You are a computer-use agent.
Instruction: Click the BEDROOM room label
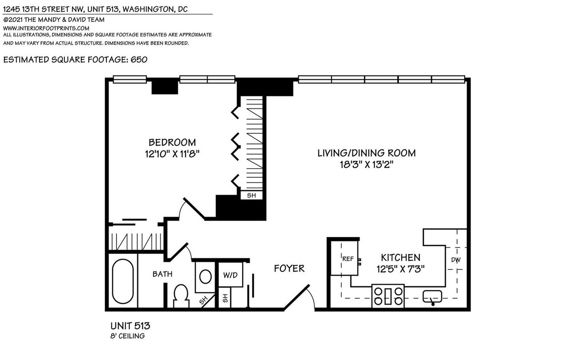(x=172, y=142)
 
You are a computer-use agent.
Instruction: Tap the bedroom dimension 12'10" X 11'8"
(x=172, y=154)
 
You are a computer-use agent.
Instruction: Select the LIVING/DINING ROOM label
(x=367, y=153)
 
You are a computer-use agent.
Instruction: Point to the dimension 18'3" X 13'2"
(x=367, y=165)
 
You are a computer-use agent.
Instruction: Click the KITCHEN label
(x=401, y=257)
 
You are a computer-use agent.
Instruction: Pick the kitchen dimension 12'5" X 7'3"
(x=401, y=269)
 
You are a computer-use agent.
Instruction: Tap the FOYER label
(x=289, y=269)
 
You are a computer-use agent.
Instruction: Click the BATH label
(x=162, y=274)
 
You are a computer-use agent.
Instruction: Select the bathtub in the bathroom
(x=123, y=281)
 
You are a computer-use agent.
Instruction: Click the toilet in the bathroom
(x=181, y=296)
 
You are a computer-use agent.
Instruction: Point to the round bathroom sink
(x=205, y=277)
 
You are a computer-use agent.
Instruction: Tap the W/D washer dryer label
(x=230, y=275)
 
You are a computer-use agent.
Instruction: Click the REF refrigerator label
(x=348, y=259)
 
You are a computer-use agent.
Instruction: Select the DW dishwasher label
(x=456, y=260)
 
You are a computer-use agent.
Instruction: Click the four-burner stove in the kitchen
(x=388, y=296)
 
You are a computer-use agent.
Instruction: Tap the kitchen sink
(x=432, y=297)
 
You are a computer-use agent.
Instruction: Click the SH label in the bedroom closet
(x=251, y=195)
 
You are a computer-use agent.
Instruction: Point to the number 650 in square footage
(x=139, y=59)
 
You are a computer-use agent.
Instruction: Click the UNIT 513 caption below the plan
(x=130, y=326)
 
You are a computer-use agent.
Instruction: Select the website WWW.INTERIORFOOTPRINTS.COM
(x=46, y=28)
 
